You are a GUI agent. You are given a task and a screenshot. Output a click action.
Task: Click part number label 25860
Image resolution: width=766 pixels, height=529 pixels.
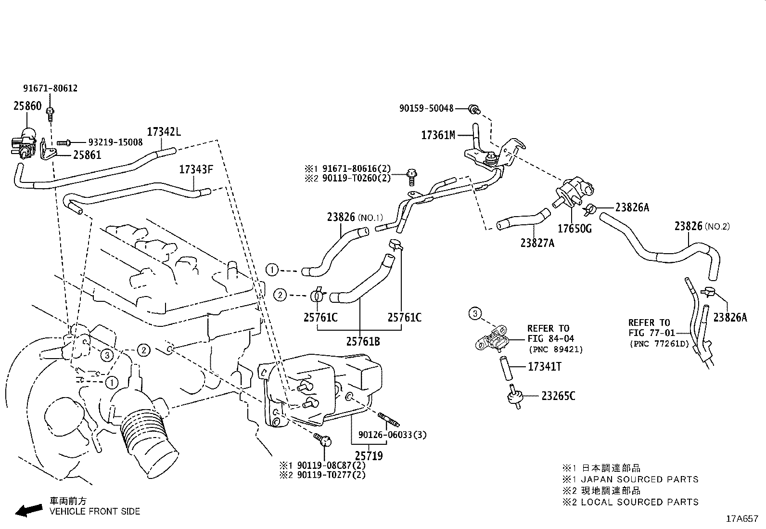27,106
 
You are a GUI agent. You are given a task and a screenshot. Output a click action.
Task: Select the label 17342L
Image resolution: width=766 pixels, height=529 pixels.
164,131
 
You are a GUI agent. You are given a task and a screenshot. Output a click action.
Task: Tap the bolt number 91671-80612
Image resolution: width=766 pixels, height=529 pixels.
50,89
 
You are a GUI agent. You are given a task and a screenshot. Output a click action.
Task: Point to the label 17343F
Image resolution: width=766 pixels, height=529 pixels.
195,169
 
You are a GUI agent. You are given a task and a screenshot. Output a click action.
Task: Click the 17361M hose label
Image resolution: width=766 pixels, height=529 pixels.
438,135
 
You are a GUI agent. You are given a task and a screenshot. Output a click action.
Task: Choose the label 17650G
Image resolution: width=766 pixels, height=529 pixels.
574,228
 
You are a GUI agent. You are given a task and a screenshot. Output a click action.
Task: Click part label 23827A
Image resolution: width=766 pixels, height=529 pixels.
537,243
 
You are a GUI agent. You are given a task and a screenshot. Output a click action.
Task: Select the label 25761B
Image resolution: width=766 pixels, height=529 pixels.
363,341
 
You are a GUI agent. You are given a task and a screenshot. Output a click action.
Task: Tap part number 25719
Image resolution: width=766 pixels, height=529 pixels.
369,455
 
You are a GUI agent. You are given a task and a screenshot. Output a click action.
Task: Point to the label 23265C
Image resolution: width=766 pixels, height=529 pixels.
558,396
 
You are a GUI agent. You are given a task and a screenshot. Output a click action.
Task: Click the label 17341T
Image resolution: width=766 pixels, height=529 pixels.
545,367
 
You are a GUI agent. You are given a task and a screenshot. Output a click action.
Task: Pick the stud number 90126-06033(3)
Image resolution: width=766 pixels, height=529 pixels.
392,435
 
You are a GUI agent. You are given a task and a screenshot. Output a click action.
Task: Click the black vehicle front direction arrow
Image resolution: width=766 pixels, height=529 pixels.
28,511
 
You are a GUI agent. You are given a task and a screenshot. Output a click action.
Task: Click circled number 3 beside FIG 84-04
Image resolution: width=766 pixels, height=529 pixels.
475,314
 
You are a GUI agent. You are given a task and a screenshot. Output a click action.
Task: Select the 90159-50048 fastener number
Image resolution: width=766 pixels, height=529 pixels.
426,109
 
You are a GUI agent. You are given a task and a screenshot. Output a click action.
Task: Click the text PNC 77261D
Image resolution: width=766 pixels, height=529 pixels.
659,344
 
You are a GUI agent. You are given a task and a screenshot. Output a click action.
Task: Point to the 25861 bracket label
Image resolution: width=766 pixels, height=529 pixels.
87,155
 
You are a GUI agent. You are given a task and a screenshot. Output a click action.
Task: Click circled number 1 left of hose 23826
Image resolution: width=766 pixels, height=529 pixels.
272,270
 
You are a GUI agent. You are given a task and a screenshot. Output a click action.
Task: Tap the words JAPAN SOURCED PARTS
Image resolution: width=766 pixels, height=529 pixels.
639,479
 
